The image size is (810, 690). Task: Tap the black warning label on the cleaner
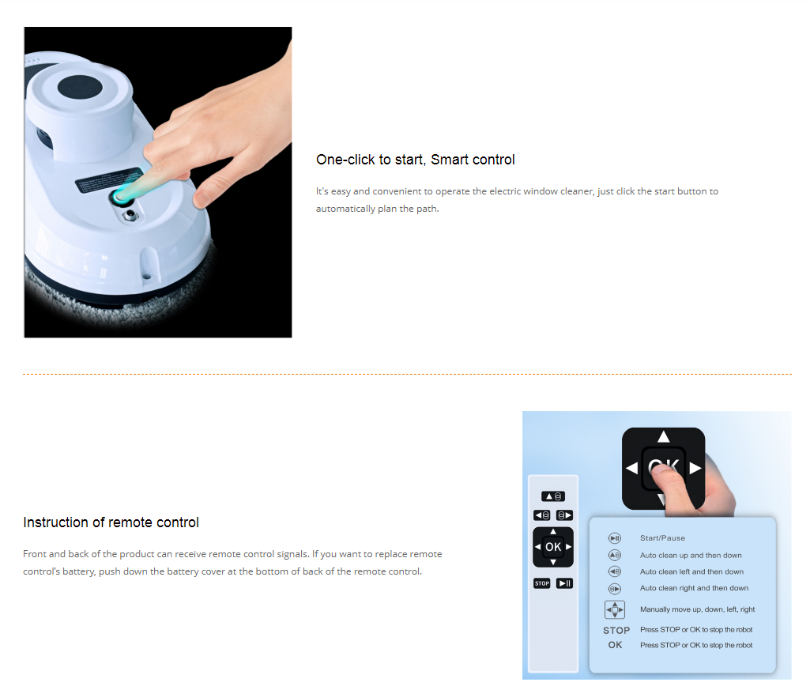109,180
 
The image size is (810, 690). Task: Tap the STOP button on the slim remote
542,583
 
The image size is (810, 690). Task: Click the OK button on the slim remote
553,547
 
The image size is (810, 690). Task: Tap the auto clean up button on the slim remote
553,496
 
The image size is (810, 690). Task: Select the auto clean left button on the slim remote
542,515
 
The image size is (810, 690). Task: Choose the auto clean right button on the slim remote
564,515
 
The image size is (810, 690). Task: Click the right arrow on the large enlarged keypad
695,468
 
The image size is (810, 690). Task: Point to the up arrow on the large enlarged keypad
664,437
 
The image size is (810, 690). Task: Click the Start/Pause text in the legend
662,538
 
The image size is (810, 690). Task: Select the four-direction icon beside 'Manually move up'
615,610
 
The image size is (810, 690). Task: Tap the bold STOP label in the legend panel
616,630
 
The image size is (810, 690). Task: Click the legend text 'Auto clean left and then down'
691,571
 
